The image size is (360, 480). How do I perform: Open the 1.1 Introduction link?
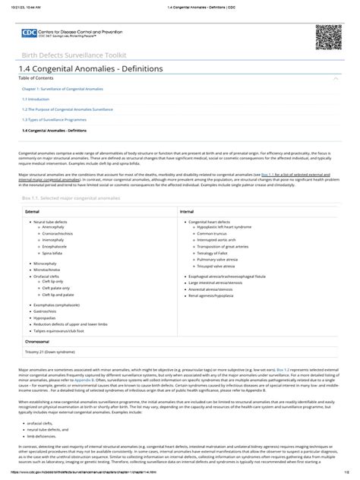pos(36,99)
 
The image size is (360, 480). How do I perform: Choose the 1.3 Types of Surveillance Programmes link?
pos(54,119)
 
